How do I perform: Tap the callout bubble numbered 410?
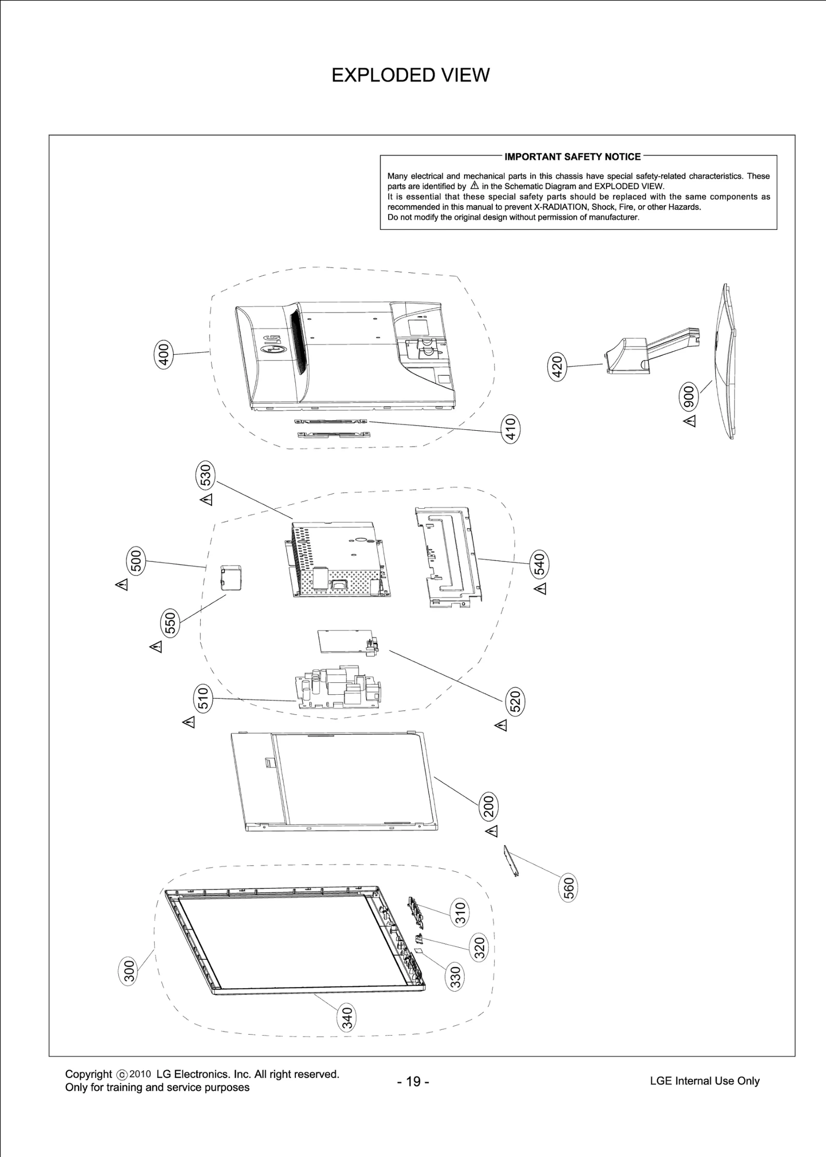coord(511,429)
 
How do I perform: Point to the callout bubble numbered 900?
coord(689,397)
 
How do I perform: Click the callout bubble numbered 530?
coord(206,476)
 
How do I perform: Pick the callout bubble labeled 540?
coord(539,564)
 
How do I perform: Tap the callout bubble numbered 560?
coord(568,888)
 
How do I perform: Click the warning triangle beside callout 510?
coord(189,722)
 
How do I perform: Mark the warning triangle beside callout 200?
coord(492,831)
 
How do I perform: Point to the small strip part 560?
coord(511,861)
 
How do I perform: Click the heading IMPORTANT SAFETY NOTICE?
coord(573,157)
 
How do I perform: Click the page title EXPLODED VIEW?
coord(410,75)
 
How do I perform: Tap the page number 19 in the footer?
coord(413,1082)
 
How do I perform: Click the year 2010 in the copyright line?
coord(140,1074)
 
